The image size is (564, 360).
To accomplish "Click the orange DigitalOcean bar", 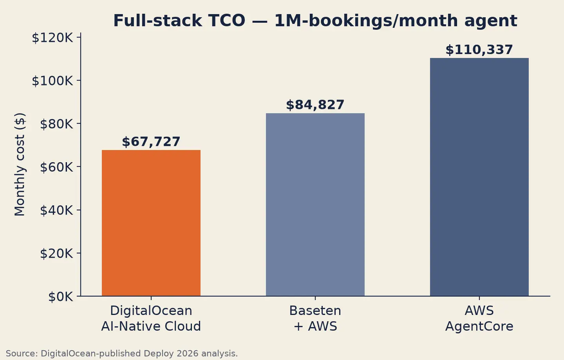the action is (151, 223).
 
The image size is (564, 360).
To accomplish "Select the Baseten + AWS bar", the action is (315, 204).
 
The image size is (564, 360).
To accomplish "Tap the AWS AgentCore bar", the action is (479, 177).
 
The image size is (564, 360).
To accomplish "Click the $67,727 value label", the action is (151, 141).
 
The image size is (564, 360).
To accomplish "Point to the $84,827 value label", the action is (315, 105).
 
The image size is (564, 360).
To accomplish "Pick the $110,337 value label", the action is (479, 50).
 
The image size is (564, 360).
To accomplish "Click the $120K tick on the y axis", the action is (52, 38).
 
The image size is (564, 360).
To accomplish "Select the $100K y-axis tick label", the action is (52, 81).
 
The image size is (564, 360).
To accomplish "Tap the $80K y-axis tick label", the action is (57, 124).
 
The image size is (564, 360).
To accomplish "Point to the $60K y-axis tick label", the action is (57, 167).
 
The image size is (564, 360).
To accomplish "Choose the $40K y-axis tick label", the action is (57, 210).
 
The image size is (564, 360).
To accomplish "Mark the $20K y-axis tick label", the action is (57, 253).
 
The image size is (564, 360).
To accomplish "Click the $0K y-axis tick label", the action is (61, 297).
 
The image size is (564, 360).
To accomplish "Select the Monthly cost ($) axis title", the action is (20, 165).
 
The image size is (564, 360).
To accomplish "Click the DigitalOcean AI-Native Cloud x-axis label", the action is (151, 318).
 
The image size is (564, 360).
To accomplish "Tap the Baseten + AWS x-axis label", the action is (315, 318).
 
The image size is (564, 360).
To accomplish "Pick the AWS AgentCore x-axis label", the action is (479, 318).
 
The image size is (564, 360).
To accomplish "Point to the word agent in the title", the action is (491, 21).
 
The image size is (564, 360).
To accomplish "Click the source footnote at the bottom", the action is (122, 353).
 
